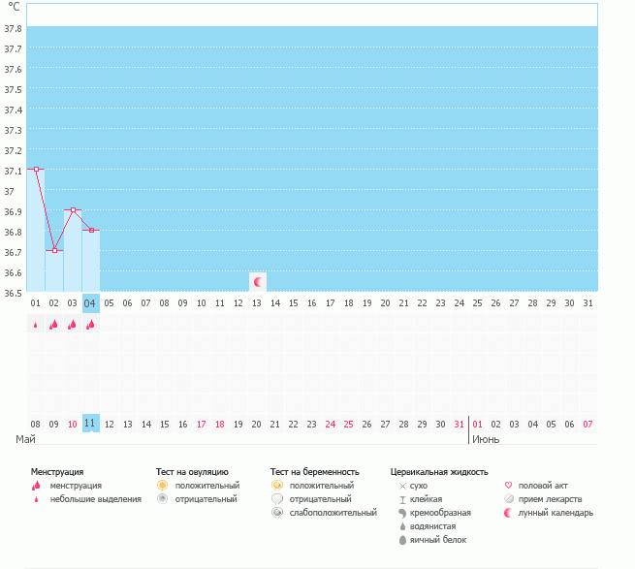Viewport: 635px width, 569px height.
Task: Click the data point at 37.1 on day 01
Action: tap(36, 169)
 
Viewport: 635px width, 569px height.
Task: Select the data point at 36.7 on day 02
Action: tap(54, 250)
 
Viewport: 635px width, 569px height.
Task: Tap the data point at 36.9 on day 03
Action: tap(73, 209)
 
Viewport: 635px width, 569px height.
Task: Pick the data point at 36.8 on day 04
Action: tap(91, 230)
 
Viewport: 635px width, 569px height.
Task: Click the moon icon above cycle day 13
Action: tap(258, 282)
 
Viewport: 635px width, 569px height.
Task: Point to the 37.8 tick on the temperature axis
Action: tap(14, 29)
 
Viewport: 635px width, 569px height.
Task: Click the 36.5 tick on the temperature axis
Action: tap(14, 292)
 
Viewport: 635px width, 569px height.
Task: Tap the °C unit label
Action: tap(14, 7)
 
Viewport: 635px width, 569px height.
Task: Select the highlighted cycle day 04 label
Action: tap(90, 303)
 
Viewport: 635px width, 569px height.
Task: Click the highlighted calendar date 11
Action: tap(90, 424)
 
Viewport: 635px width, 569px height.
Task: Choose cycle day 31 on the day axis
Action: tap(587, 303)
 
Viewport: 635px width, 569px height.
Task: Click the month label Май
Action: tap(26, 439)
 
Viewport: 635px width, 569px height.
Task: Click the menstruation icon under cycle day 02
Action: tap(54, 325)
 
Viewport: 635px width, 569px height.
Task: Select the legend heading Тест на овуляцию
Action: tap(192, 471)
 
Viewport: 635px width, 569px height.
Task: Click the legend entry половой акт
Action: tap(543, 485)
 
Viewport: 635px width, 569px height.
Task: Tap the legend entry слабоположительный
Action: tap(333, 512)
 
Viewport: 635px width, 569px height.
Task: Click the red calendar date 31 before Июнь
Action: tap(458, 424)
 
